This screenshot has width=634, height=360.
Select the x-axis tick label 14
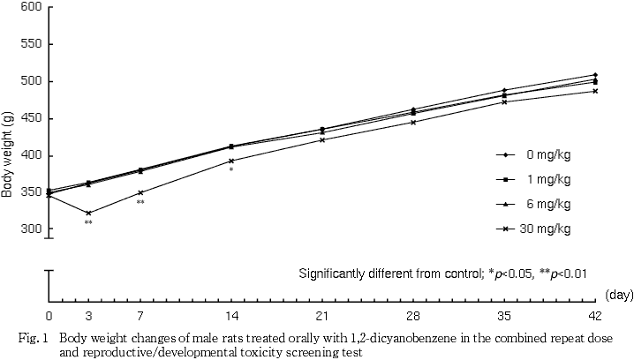click(231, 316)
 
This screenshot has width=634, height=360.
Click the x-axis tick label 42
click(594, 316)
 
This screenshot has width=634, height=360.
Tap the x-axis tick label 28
click(413, 316)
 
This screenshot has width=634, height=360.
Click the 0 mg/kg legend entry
click(547, 154)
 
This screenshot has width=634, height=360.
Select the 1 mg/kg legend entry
click(547, 179)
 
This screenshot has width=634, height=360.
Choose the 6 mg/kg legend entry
click(547, 204)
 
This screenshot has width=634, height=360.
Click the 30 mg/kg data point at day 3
click(88, 213)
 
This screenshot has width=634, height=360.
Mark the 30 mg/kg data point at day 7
click(140, 192)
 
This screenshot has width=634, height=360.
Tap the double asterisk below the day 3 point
click(88, 222)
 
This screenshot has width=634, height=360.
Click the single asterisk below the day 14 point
click(231, 169)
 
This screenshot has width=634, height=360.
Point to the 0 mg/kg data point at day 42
click(595, 75)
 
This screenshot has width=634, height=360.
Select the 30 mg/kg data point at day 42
click(595, 91)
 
